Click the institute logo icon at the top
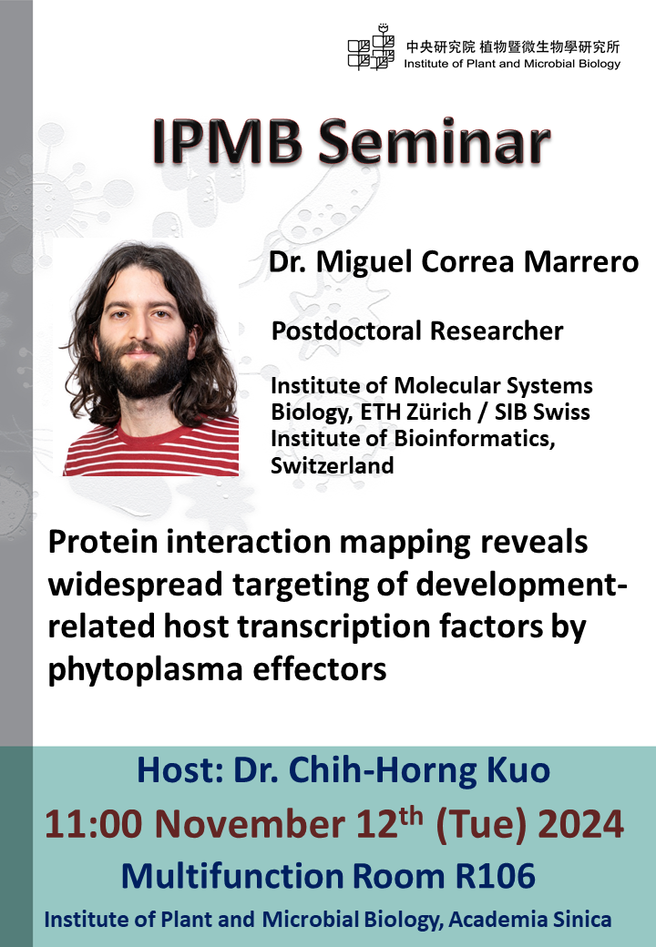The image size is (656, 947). coord(371,47)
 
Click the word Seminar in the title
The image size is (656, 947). coord(434,142)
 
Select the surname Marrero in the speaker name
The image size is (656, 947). coord(581,261)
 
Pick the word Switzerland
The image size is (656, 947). coord(333,465)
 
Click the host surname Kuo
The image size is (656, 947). coord(518,770)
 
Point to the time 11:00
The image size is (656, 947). coord(94,824)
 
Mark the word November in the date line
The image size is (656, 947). coord(250,824)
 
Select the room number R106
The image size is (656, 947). coord(496,876)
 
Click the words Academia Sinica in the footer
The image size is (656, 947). coord(529,920)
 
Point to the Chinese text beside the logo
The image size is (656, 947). coord(512,47)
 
